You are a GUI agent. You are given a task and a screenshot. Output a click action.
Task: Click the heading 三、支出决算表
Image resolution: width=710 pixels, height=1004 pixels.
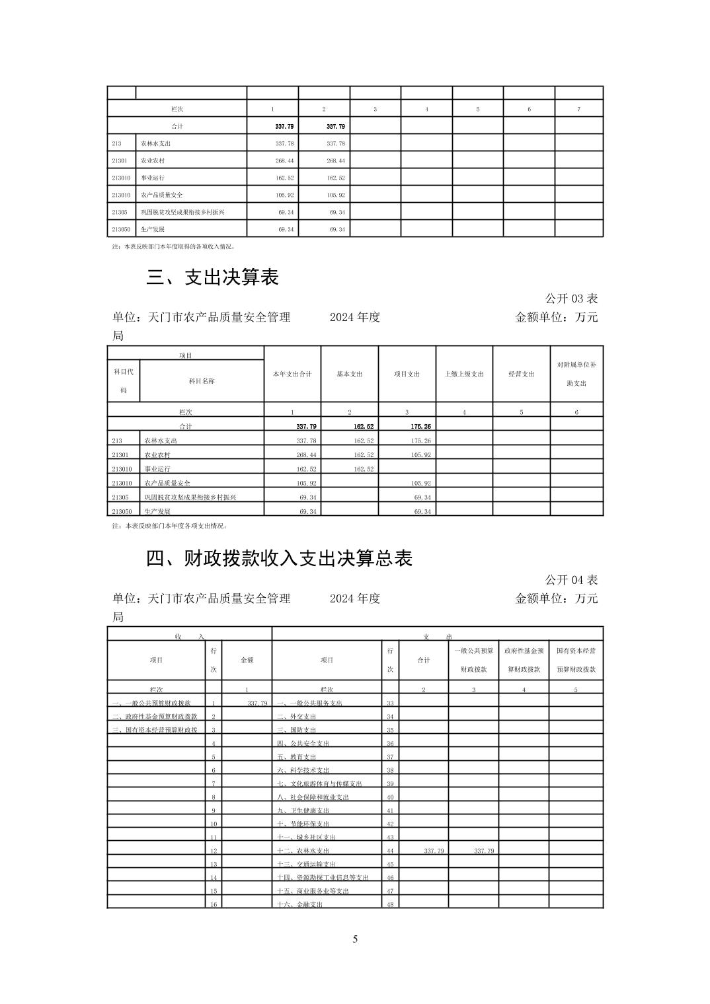[212, 277]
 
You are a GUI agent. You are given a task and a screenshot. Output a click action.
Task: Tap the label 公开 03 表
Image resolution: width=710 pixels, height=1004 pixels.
[571, 299]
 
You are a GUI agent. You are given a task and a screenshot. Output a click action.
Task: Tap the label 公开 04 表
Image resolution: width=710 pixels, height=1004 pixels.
[571, 580]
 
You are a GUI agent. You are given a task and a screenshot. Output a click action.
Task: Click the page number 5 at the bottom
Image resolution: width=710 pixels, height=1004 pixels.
[355, 939]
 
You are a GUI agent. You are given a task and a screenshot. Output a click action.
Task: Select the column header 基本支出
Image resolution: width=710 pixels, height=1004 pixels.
[349, 374]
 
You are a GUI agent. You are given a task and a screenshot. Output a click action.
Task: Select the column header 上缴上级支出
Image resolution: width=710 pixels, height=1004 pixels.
[464, 374]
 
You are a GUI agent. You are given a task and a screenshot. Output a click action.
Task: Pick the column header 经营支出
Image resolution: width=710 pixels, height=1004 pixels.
[521, 374]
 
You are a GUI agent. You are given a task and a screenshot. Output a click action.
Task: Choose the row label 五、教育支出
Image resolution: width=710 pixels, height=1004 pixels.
[296, 757]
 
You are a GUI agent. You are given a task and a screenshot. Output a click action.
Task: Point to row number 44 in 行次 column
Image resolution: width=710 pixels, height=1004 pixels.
[390, 851]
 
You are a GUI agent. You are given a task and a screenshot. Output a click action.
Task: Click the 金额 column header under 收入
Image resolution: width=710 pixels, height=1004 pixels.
[247, 660]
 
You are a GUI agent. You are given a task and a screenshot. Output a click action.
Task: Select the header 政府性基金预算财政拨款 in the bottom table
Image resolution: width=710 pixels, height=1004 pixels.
[524, 660]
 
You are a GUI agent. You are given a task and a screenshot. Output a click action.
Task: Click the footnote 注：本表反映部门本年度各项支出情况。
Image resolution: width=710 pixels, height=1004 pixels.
[170, 526]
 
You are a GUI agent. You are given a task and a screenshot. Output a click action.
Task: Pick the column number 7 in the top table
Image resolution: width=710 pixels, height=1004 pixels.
[578, 109]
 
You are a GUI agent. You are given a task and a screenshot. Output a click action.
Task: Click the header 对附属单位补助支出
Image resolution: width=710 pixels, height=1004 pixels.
[576, 374]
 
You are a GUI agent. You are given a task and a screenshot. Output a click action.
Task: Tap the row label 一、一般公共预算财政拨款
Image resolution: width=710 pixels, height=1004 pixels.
[151, 703]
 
